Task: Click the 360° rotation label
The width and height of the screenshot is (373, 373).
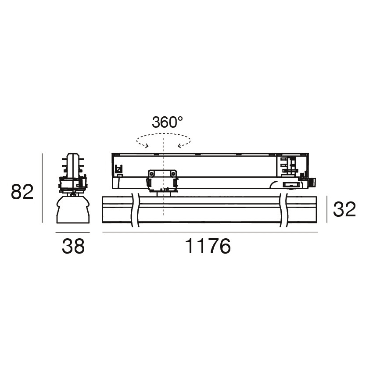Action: tap(167, 122)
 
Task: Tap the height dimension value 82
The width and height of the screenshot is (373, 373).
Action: tap(22, 192)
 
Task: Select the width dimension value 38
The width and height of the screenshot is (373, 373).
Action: tap(73, 247)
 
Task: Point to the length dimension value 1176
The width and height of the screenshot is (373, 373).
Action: tap(208, 247)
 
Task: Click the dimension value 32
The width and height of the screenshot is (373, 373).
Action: tap(344, 210)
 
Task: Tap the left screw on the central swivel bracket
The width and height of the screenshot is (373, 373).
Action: tap(151, 174)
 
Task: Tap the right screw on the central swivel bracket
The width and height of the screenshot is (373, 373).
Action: tap(174, 174)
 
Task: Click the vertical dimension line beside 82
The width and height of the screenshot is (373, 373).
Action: tap(42, 188)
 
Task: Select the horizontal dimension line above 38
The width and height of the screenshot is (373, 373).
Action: tap(72, 232)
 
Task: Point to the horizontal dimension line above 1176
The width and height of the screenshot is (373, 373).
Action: tap(210, 232)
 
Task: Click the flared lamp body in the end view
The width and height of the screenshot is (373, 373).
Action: tap(72, 209)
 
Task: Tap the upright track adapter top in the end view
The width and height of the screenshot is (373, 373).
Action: tap(72, 161)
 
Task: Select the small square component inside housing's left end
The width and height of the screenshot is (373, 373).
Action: tap(118, 169)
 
